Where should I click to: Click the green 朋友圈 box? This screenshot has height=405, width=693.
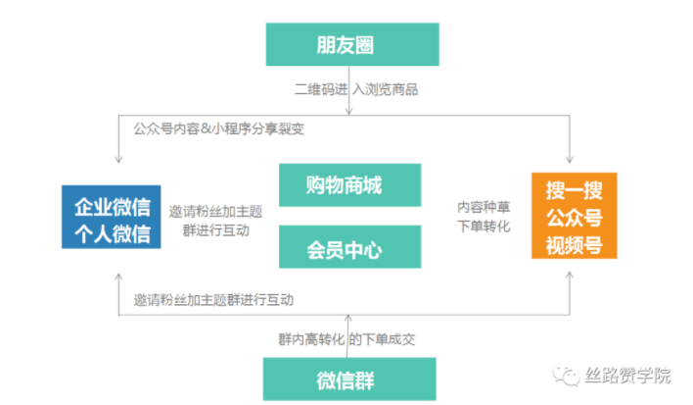[348, 45]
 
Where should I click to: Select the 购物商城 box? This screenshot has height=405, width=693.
[349, 186]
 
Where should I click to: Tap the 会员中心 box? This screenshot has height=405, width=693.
[349, 247]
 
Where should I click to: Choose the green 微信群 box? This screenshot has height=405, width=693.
[348, 379]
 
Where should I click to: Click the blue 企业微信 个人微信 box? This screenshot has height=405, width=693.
[112, 220]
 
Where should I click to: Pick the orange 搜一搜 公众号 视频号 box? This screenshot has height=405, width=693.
[574, 216]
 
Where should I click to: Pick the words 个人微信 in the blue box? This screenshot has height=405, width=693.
[112, 234]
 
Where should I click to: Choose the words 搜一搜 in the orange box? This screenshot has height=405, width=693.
[574, 188]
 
